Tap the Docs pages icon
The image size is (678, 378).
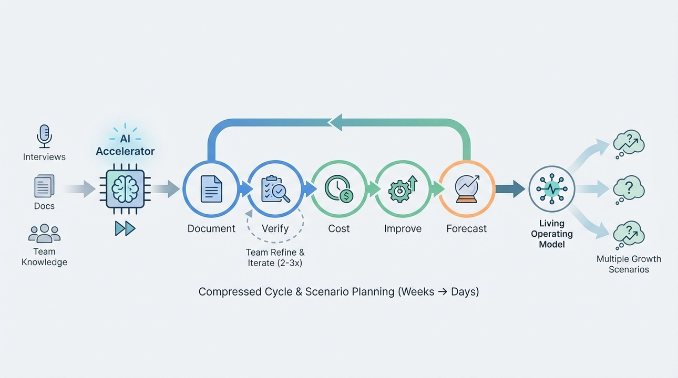pos(44,186)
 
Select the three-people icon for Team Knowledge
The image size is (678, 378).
pos(44,233)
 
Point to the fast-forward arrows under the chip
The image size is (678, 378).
pos(125,228)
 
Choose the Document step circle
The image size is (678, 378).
pos(211,188)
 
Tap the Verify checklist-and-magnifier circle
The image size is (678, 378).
pos(275,188)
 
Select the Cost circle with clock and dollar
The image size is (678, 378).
pos(339,188)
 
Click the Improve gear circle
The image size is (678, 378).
pos(403,188)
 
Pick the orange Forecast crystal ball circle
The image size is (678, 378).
pos(466,188)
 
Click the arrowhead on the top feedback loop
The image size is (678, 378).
pos(335,122)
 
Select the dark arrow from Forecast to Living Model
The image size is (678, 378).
pos(510,188)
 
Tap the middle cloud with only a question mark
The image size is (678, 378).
pos(629,188)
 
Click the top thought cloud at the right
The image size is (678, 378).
pos(629,142)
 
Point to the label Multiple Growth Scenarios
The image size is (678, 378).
pos(629,264)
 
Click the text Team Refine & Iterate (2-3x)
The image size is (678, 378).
pos(275,258)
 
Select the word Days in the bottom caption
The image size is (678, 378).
pos(464,291)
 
